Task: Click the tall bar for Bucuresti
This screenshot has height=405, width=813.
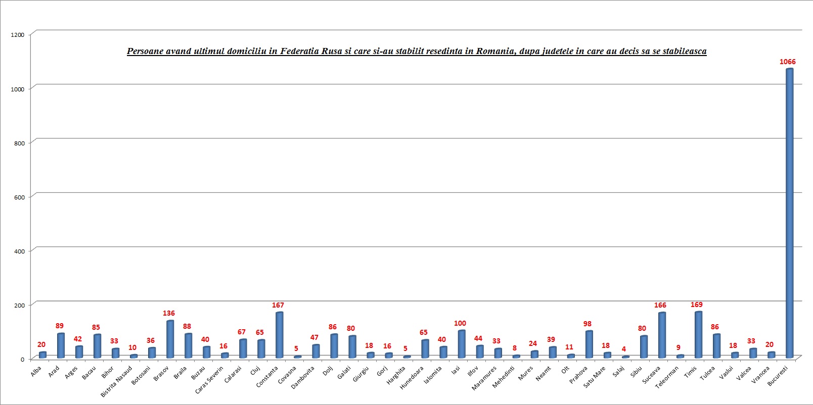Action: tap(789, 212)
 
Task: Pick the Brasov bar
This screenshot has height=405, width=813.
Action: tap(170, 339)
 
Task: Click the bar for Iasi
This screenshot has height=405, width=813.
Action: tap(461, 344)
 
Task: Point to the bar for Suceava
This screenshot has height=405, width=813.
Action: tap(662, 335)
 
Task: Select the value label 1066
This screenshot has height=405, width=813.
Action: tap(787, 62)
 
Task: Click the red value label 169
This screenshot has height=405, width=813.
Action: tap(696, 305)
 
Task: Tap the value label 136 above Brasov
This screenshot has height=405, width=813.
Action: tap(168, 313)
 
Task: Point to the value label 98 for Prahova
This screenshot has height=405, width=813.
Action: tap(587, 324)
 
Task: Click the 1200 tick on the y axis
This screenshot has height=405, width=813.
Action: tap(17, 35)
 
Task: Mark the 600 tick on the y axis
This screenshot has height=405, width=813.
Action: tap(19, 197)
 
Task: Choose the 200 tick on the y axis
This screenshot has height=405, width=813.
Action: tap(19, 306)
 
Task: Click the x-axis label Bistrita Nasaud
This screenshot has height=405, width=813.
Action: tap(117, 381)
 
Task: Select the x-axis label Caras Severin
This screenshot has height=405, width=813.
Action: tap(209, 380)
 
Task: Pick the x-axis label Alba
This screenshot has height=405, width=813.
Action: tap(36, 372)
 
